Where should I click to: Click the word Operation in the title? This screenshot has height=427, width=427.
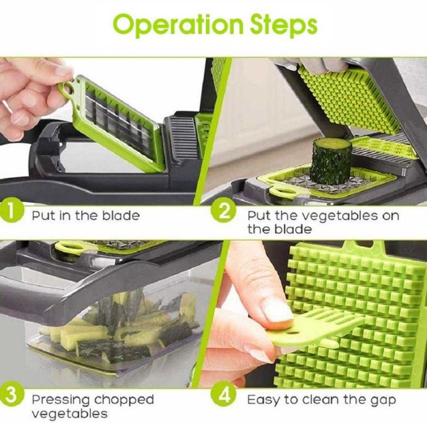tap(178, 25)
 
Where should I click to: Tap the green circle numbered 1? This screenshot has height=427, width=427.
tap(11, 212)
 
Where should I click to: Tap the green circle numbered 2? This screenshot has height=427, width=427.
tap(223, 212)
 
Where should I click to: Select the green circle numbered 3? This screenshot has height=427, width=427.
tap(11, 396)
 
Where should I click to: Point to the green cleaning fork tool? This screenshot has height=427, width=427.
tap(313, 329)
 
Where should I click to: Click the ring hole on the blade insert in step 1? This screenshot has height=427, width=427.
tap(68, 89)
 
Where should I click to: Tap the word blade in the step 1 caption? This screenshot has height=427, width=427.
tap(121, 216)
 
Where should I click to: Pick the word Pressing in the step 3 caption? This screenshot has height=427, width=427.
tap(61, 400)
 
